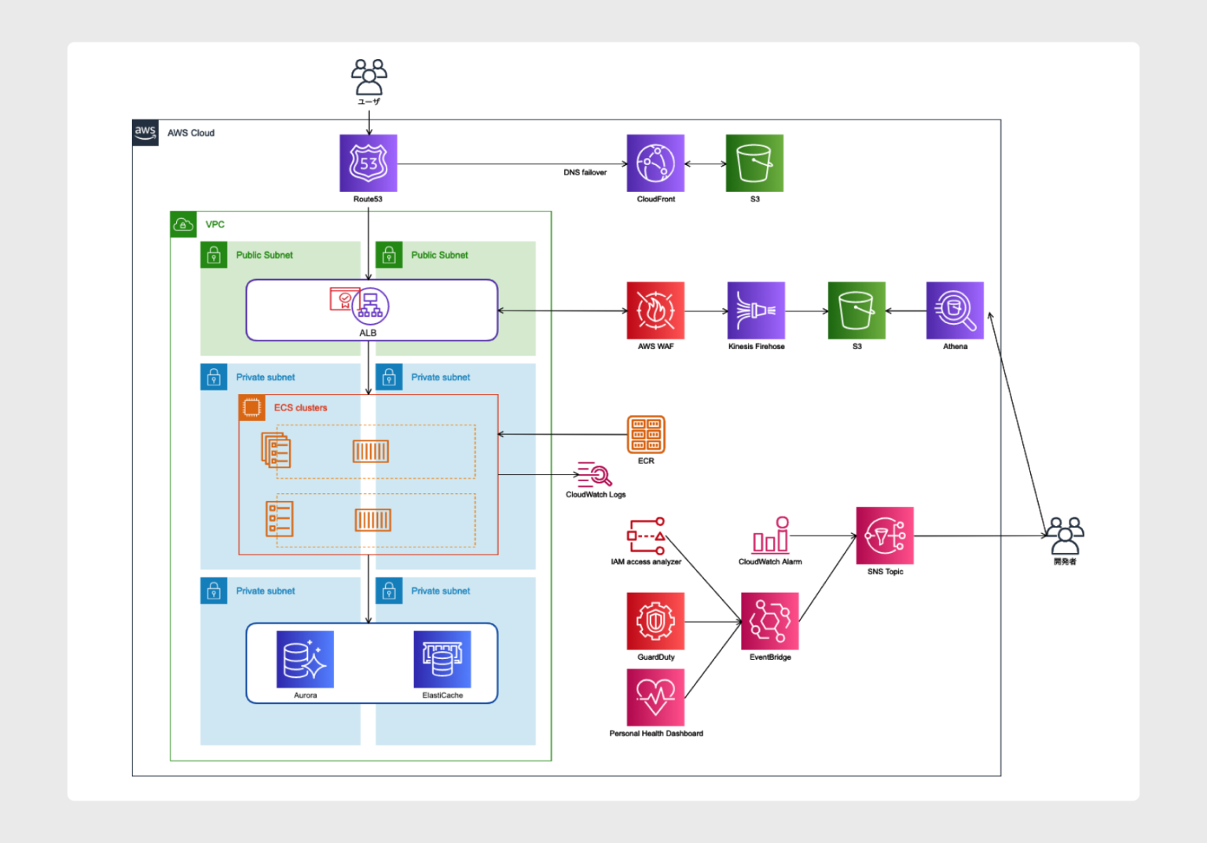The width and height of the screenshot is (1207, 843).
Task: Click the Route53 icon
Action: [368, 163]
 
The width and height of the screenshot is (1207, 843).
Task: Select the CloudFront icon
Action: [655, 163]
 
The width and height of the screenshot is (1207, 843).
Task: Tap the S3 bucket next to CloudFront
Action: [754, 163]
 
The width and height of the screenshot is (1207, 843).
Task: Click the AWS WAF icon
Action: [655, 311]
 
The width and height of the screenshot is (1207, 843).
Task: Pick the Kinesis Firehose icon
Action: [756, 311]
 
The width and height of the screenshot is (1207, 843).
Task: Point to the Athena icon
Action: [955, 311]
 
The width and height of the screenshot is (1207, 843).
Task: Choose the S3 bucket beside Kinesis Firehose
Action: [857, 311]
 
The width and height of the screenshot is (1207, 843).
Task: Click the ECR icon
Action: [646, 435]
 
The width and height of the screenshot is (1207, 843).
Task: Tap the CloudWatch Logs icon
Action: [595, 475]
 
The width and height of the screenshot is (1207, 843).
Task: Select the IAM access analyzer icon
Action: [647, 536]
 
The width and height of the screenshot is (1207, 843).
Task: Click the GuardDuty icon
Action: [655, 621]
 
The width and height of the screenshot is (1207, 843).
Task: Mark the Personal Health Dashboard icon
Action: [655, 698]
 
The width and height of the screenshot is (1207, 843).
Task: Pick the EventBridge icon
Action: [770, 621]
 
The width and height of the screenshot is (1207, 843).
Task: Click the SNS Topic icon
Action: [885, 536]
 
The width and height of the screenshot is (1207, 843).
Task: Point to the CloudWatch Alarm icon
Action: [770, 536]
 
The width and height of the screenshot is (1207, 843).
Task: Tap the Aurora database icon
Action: [305, 660]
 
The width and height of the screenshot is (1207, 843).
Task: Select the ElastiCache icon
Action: [442, 660]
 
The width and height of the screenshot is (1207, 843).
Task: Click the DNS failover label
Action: [585, 172]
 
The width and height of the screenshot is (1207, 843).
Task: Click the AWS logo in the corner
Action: [145, 133]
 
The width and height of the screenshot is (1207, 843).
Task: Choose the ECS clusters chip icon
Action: [252, 407]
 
